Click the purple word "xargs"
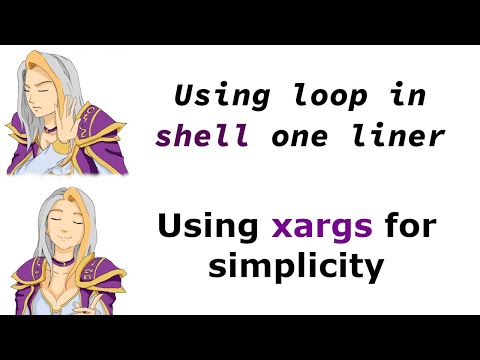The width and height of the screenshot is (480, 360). (322, 229)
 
